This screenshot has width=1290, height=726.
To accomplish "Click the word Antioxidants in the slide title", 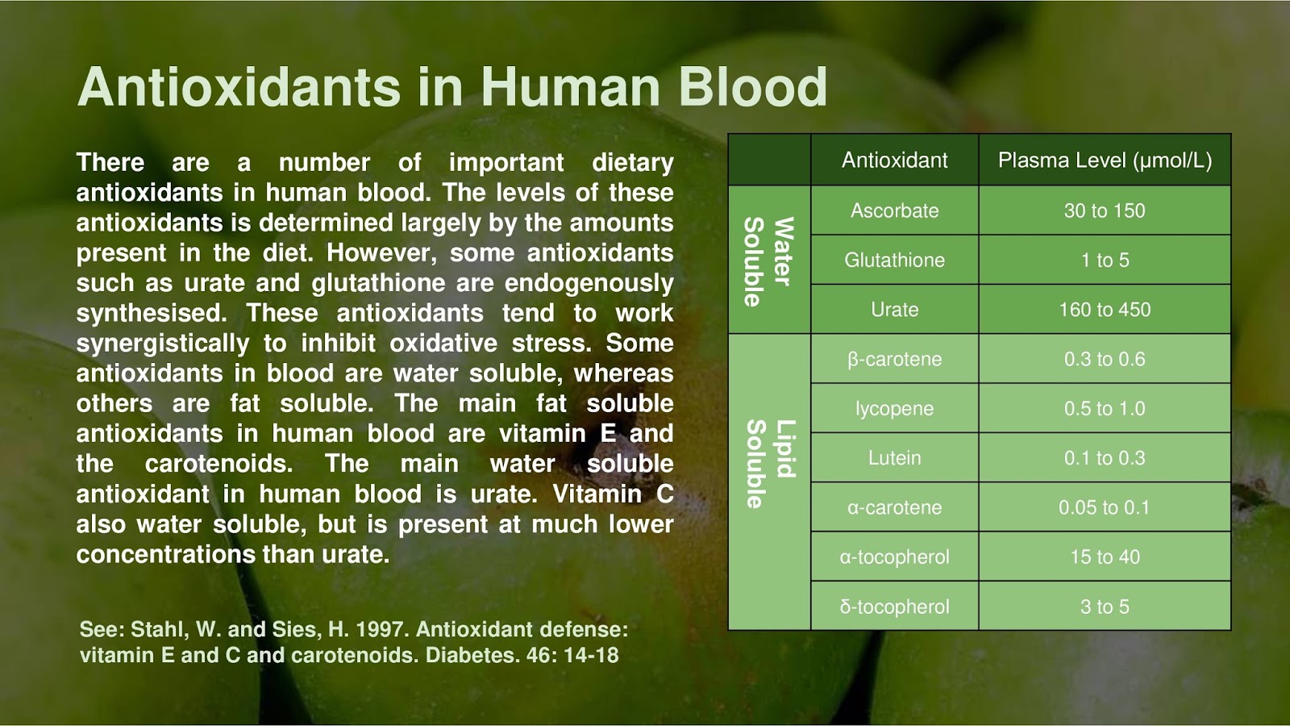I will coord(239,87).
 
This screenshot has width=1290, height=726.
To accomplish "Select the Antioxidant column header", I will coord(894,160).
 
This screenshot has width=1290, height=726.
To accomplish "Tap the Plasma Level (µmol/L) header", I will coord(1105,160).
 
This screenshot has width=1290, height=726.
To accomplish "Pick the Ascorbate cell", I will coord(894,211).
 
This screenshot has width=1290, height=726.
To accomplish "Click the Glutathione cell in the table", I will coord(894,260).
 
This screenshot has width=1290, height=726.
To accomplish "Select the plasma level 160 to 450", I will coord(1105,310).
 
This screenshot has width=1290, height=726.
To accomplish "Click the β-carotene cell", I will coord(894,359).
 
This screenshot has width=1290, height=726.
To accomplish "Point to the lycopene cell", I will coord(894,409).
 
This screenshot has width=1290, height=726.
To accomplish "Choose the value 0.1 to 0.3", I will coord(1105,458).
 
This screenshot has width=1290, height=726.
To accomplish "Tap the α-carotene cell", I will coord(894,507).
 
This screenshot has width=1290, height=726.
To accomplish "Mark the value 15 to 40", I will coord(1105,557).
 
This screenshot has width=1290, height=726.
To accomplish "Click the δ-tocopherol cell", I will coord(894,607).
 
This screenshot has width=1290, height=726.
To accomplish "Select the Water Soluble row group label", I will coord(768,261).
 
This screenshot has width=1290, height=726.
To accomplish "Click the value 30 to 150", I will coord(1105,211).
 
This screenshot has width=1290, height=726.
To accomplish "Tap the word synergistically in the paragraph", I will coord(163,344).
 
